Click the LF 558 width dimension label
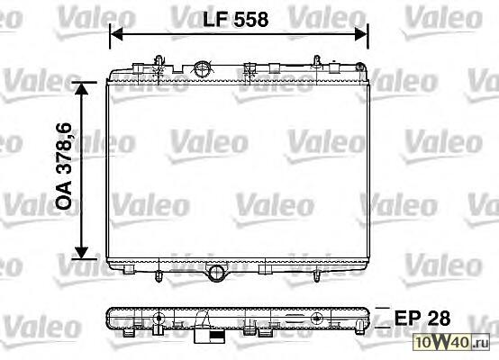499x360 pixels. click(235, 20)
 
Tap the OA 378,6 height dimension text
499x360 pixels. click(64, 166)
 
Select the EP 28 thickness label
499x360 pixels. click(422, 318)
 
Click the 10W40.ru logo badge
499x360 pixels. click(451, 342)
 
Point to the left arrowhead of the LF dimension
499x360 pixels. click(116, 34)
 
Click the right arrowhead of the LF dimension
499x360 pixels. click(361, 34)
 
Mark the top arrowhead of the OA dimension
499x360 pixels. click(82, 89)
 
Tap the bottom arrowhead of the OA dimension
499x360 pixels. click(82, 252)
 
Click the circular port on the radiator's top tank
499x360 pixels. click(202, 69)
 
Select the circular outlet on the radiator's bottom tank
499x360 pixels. click(216, 273)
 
